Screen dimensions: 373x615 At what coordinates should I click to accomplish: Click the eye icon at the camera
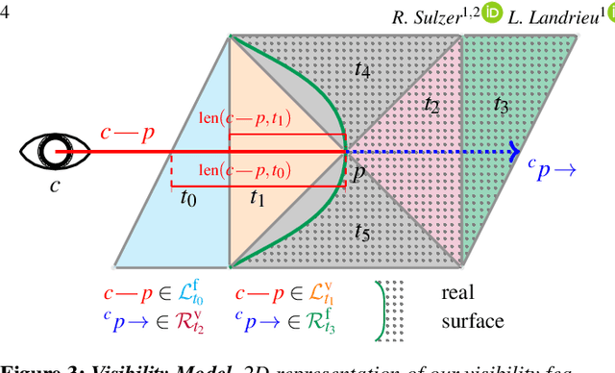tap(54, 151)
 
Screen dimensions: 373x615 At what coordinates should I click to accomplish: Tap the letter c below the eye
tap(55, 185)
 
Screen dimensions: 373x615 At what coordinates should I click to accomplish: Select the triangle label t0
tap(188, 199)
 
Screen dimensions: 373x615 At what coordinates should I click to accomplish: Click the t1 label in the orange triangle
tap(258, 199)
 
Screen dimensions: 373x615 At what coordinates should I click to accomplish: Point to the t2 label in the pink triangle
tap(431, 106)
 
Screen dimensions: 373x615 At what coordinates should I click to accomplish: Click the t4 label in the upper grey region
tap(362, 68)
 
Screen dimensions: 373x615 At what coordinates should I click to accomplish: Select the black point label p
tap(357, 173)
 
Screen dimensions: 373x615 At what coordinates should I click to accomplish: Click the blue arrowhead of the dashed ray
tap(514, 151)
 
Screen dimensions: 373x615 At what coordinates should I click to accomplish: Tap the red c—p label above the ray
tap(127, 132)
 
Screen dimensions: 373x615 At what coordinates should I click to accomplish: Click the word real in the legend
tap(458, 292)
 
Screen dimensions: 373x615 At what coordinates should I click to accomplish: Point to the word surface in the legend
tap(473, 320)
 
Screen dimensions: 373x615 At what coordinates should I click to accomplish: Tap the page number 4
tap(6, 15)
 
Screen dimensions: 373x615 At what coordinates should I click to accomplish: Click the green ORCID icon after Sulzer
tap(492, 17)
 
